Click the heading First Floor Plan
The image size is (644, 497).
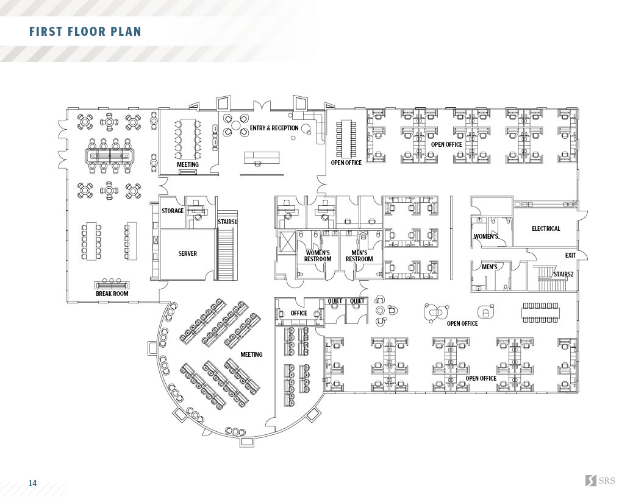(85, 32)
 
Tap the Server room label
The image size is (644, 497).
(187, 253)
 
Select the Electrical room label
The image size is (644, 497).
(546, 228)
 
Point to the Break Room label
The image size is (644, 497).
(112, 294)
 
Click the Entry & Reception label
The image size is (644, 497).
(274, 128)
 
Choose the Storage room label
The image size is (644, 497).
(173, 211)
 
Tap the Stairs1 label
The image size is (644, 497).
(227, 222)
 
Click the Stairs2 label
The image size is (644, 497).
(563, 274)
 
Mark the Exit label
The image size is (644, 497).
(570, 255)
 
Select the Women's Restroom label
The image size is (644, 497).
(318, 256)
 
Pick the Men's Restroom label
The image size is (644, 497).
(359, 256)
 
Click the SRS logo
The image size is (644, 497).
(601, 480)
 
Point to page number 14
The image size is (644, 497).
(32, 483)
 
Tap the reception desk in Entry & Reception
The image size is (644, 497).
(262, 158)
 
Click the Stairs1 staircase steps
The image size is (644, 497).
(227, 253)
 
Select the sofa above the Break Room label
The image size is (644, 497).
(112, 284)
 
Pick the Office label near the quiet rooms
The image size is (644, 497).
(299, 313)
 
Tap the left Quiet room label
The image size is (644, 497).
(335, 301)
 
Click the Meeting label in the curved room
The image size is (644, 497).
(251, 354)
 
